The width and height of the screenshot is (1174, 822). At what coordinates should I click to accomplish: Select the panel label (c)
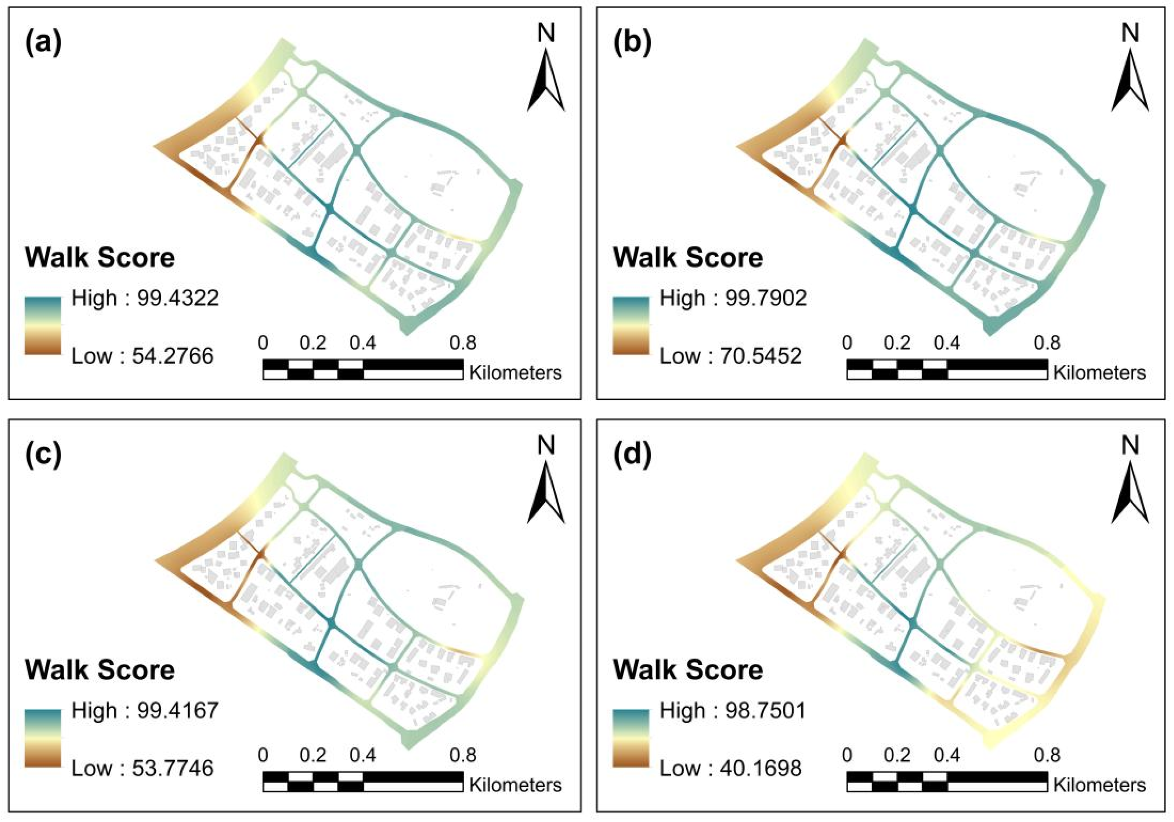click(43, 456)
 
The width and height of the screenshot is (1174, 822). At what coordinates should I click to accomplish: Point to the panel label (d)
click(632, 456)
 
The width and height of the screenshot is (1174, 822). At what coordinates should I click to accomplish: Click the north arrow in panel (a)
click(546, 79)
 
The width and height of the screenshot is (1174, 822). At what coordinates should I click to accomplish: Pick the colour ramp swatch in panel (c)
click(43, 737)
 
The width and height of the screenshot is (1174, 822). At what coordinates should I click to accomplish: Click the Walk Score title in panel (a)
click(100, 257)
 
